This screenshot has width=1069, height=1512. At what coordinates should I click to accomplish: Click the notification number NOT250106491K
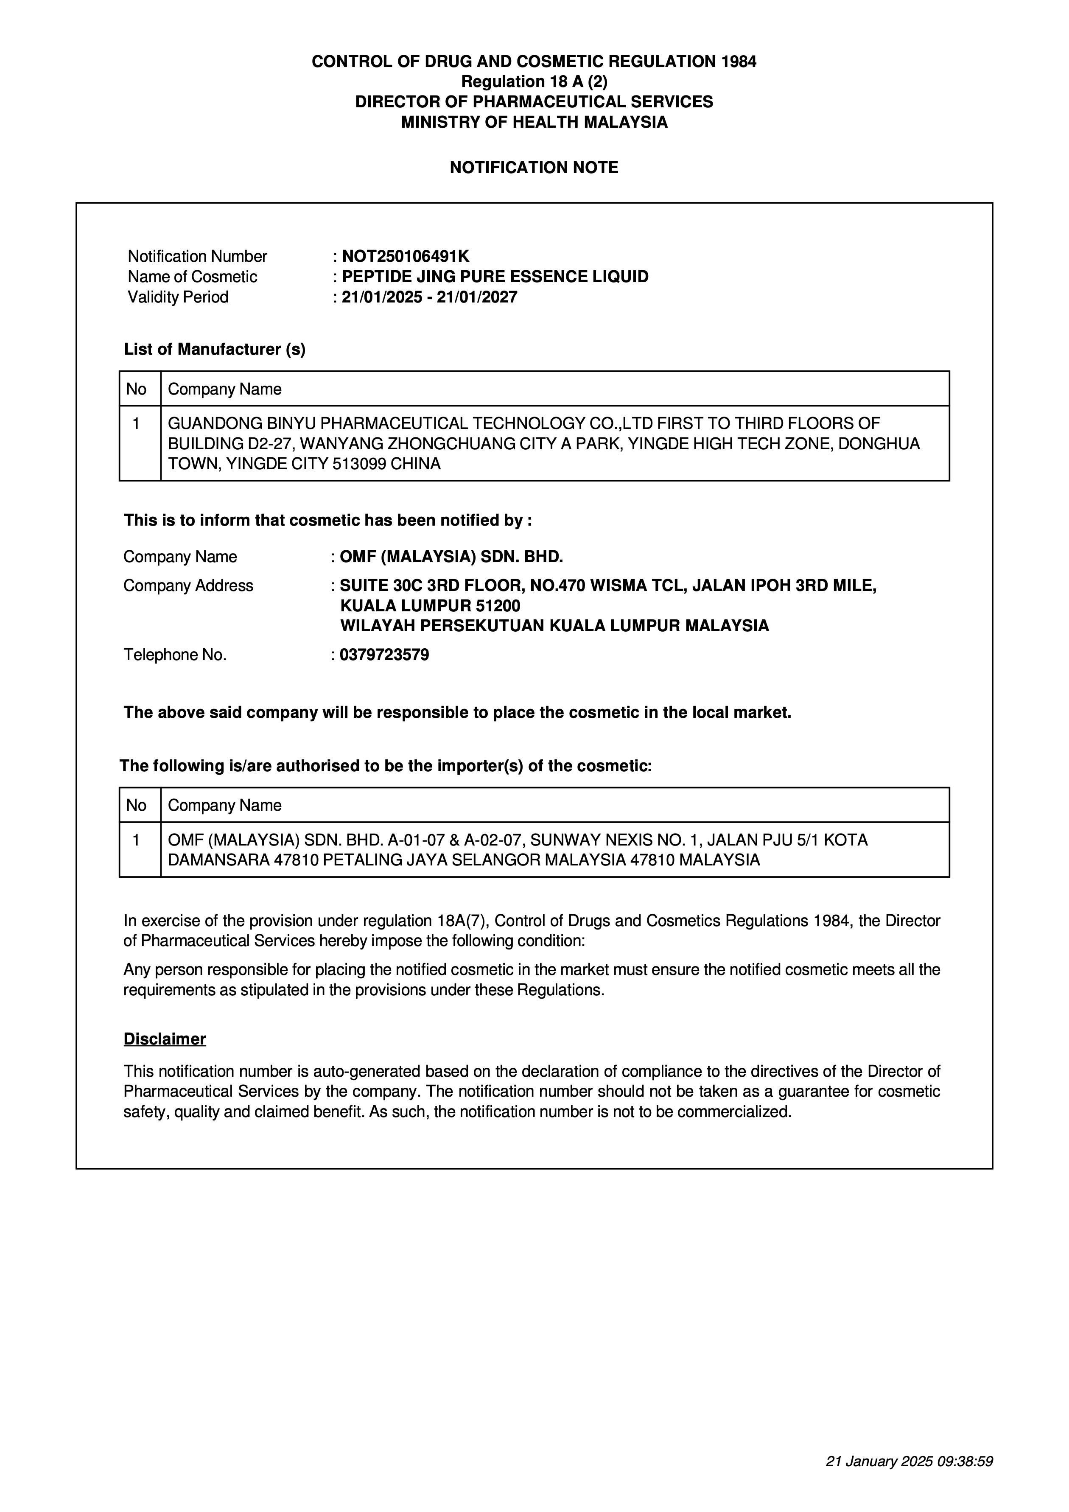pos(405,256)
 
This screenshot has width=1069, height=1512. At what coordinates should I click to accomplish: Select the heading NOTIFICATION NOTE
pos(534,168)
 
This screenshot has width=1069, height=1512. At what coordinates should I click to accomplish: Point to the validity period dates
pos(429,297)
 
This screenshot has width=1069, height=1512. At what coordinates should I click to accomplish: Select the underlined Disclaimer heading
pos(165,1039)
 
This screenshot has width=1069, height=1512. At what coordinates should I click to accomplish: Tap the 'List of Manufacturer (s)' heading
pos(215,349)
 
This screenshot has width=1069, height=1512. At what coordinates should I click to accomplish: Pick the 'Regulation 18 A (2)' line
pos(534,81)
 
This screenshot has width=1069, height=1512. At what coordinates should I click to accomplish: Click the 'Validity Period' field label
pos(178,297)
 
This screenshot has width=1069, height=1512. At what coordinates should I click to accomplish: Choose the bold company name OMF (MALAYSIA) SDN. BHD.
pos(451,557)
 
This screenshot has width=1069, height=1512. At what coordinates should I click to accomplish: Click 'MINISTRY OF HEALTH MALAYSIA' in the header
pos(534,122)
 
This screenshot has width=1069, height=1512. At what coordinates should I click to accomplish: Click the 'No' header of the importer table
pos(136,805)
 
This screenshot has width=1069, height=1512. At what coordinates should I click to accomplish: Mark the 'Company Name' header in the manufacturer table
pos(224,389)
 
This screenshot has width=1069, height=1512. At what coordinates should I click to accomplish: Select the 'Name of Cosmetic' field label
pos(192,277)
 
